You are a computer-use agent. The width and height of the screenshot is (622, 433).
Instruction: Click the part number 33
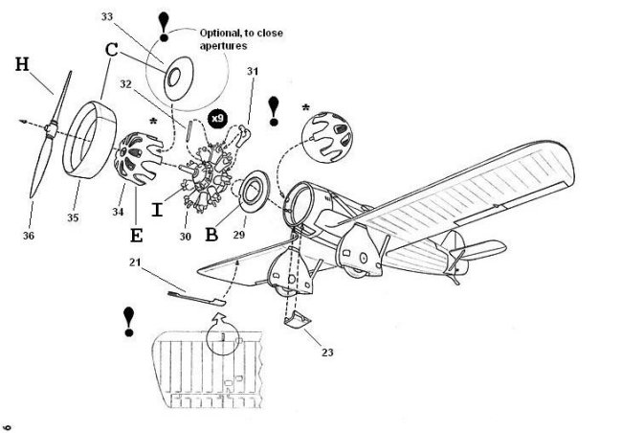tap(105, 17)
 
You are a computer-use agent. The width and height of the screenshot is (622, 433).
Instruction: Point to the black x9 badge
tap(218, 118)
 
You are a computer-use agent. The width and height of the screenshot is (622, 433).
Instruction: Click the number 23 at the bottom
tap(327, 353)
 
